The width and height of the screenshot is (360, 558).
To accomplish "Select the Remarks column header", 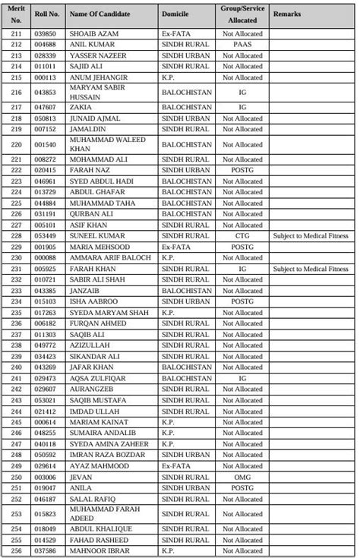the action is click(x=286, y=14).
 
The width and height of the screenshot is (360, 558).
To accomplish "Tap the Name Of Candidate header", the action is click(x=99, y=14).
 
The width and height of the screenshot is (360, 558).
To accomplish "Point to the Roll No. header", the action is click(x=47, y=14).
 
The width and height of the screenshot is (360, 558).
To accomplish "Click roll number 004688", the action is click(x=46, y=45).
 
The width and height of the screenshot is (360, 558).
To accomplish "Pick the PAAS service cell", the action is click(x=243, y=45).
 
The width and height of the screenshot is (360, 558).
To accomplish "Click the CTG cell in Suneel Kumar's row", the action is click(x=243, y=236).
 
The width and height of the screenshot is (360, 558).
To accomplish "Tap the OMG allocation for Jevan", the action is click(x=243, y=477).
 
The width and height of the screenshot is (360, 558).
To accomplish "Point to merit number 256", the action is click(x=15, y=551).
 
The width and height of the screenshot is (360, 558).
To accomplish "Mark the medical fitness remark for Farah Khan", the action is click(x=311, y=269).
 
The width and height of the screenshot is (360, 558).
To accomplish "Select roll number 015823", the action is click(x=46, y=514).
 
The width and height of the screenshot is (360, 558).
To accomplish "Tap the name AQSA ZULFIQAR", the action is click(x=96, y=378).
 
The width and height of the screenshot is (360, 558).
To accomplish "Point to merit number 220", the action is click(x=15, y=144).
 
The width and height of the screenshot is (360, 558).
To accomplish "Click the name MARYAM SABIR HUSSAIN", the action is click(x=96, y=92).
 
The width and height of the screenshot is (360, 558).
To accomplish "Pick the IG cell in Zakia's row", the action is click(x=243, y=108).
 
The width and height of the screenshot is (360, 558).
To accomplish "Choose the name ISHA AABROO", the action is click(x=93, y=301).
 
